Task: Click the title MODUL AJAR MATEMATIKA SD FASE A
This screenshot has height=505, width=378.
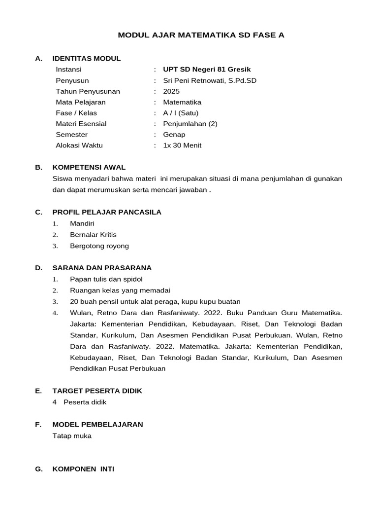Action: coord(201,35)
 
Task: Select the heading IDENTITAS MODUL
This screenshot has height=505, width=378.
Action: coord(87,59)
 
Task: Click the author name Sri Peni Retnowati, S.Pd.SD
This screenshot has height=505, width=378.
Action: coord(210,80)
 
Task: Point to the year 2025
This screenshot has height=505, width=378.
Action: coord(171,91)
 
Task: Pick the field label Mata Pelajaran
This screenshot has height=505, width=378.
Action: coord(81,102)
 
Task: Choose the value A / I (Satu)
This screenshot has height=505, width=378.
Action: coord(181,113)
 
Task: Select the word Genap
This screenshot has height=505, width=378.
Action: coord(174,135)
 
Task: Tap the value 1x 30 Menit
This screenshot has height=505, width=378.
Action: coord(182,145)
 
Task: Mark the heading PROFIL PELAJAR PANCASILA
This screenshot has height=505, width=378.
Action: coord(107,212)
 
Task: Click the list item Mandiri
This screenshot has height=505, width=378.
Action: coord(82,223)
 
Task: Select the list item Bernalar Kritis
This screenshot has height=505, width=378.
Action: coord(94,235)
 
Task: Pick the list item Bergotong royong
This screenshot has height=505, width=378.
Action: coord(99,246)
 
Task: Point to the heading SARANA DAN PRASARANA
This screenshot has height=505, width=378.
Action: coord(102,268)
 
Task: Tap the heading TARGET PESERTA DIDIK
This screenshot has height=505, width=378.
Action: coord(97,391)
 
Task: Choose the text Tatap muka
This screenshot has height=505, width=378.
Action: coord(72,435)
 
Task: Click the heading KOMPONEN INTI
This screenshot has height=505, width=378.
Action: coord(83,469)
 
